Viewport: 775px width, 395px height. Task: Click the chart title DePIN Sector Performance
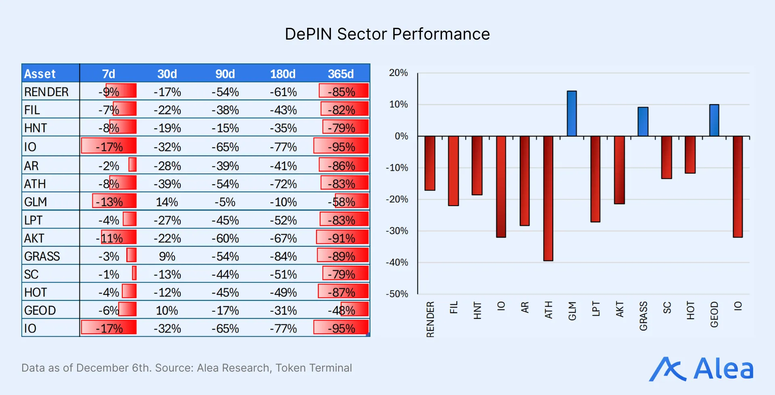387,34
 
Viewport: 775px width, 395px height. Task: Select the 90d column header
225,74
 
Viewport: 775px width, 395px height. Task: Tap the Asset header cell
40,74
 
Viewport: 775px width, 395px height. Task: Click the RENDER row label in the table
46,92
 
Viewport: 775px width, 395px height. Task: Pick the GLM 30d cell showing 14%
167,202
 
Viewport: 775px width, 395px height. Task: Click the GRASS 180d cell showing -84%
283,256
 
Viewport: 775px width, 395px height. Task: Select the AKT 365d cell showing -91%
341,238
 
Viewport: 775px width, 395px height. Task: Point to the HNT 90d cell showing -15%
225,128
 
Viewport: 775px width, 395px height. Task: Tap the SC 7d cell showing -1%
109,275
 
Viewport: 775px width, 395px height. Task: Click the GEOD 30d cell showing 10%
167,311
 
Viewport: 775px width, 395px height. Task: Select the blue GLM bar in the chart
572,113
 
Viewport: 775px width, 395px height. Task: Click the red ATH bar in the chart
548,198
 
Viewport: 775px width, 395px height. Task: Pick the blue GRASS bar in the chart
643,122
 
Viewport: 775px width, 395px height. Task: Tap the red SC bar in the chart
666,157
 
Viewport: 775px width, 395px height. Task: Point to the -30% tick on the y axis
397,231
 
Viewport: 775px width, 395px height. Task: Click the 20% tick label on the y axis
398,73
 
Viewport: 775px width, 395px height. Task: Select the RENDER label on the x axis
430,319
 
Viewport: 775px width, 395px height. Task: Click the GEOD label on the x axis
714,314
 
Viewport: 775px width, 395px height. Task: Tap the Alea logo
702,369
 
